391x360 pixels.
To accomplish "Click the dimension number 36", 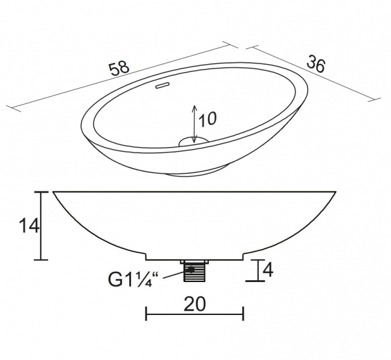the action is (316, 64).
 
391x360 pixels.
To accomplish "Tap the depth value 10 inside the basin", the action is (207, 119).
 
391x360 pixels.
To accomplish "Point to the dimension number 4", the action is (268, 270).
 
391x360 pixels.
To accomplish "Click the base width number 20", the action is (195, 304).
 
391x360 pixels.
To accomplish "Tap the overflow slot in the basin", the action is (163, 85).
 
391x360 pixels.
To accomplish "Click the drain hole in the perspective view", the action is (193, 142).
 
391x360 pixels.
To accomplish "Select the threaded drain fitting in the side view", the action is (195, 271).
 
